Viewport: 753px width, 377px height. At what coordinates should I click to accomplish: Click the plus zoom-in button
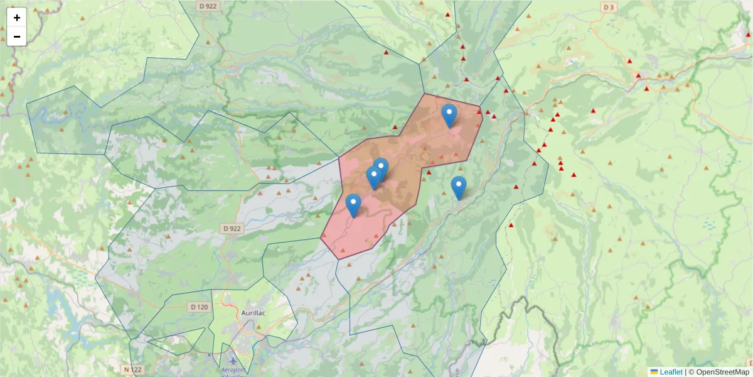click(17, 18)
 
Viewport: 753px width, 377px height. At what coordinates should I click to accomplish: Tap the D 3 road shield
click(607, 7)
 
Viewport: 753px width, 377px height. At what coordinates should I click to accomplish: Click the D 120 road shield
click(198, 307)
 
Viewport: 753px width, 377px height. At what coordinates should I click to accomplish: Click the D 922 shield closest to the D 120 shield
click(232, 228)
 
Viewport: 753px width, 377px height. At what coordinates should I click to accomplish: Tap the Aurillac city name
click(255, 312)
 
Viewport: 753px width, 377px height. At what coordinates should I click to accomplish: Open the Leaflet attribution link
click(671, 372)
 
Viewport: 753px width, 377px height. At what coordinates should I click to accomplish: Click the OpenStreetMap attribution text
click(719, 372)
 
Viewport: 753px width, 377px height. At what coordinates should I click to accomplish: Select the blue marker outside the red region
click(459, 187)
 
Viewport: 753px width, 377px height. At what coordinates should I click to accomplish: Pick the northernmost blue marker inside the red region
click(449, 115)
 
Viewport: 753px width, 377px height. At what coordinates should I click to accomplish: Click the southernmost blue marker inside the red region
click(353, 205)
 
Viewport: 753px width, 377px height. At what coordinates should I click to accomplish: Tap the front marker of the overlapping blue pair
click(374, 177)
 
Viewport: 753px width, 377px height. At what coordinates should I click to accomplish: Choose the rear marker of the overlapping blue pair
click(382, 168)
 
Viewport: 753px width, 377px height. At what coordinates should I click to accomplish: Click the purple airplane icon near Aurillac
click(233, 361)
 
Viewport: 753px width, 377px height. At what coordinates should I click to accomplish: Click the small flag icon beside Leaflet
click(654, 372)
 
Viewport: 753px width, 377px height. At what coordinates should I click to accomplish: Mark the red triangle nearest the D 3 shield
click(629, 61)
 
